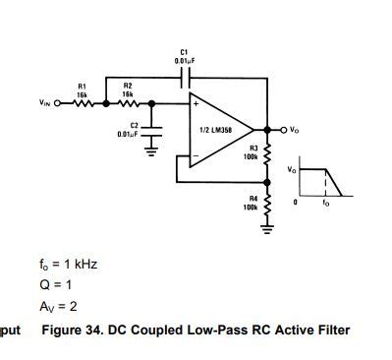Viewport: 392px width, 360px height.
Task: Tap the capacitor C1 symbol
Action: tap(183, 77)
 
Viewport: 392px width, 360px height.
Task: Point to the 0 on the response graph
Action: tap(294, 201)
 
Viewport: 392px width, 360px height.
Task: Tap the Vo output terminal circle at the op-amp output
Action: tap(284, 129)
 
